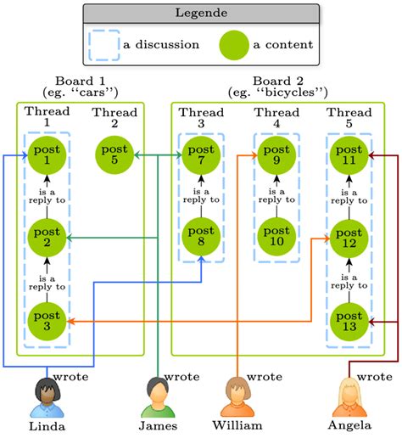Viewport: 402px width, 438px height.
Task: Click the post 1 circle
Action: tap(47, 155)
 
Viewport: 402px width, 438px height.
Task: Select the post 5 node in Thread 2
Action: tap(114, 155)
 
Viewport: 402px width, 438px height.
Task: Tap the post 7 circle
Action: tap(201, 155)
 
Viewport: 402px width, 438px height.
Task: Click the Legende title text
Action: tap(200, 13)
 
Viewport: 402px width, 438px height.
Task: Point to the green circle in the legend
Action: tap(235, 44)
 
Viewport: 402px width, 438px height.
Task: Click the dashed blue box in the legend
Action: tap(105, 44)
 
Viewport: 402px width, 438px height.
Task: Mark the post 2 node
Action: tap(47, 239)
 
